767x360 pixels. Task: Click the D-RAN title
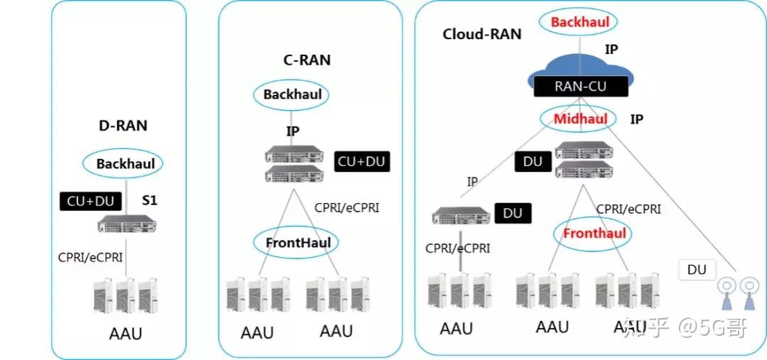pyautogui.click(x=123, y=126)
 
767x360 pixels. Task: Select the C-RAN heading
pyautogui.click(x=308, y=60)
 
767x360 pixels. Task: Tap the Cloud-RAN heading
pyautogui.click(x=482, y=34)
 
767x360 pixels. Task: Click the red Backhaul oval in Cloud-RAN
pyautogui.click(x=580, y=21)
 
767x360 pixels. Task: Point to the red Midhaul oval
pyautogui.click(x=580, y=119)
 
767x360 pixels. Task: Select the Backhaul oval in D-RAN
pyautogui.click(x=123, y=163)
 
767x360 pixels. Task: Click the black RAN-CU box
pyautogui.click(x=580, y=87)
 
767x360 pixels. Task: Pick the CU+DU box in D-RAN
pyautogui.click(x=90, y=202)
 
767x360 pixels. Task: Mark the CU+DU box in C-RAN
pyautogui.click(x=362, y=162)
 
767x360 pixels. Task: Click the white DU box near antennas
pyautogui.click(x=697, y=270)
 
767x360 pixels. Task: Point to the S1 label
pyautogui.click(x=149, y=200)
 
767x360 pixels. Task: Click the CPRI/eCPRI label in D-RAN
pyautogui.click(x=90, y=257)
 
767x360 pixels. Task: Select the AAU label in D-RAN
pyautogui.click(x=125, y=334)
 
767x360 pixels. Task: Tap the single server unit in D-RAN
pyautogui.click(x=126, y=225)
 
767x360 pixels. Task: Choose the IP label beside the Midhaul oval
pyautogui.click(x=636, y=119)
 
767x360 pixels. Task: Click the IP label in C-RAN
pyautogui.click(x=293, y=131)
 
